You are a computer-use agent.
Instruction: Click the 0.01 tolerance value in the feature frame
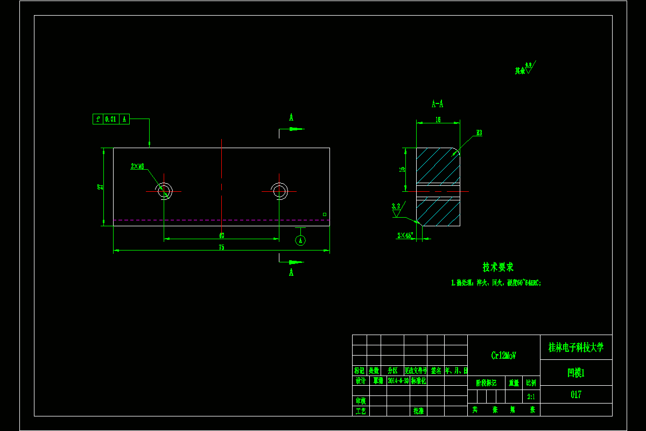(110, 119)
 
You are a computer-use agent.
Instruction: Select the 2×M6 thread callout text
(137, 166)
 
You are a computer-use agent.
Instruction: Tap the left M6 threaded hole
(164, 191)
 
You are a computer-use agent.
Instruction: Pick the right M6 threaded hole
(279, 191)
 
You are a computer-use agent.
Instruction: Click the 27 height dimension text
(100, 186)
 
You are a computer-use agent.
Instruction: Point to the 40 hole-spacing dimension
(221, 235)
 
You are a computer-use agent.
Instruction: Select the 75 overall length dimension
(221, 247)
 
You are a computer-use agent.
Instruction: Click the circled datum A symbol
(300, 240)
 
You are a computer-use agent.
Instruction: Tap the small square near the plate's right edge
(325, 214)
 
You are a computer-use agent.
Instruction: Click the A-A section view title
(437, 104)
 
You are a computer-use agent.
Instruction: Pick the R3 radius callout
(479, 133)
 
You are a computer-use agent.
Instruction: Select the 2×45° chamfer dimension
(405, 235)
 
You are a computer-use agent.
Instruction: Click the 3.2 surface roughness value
(396, 206)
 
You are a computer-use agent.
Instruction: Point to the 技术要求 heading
(498, 267)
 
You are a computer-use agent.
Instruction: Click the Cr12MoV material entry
(503, 356)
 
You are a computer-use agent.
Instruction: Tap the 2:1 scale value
(531, 397)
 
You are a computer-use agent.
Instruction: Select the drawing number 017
(575, 394)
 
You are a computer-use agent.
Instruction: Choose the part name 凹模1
(575, 372)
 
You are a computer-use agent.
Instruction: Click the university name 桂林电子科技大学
(575, 347)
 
